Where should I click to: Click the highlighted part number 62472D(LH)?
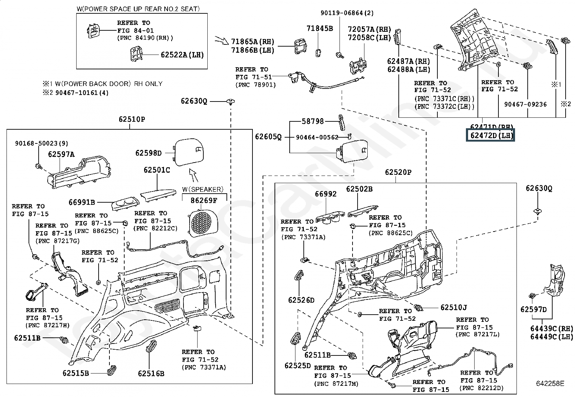[x=490, y=136]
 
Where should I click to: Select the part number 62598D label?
[x=148, y=153]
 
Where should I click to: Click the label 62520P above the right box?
[x=398, y=172]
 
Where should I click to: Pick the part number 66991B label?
[x=82, y=202]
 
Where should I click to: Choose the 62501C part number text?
[x=157, y=170]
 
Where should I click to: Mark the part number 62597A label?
[x=61, y=155]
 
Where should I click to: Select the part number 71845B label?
[x=320, y=29]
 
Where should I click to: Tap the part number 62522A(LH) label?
[x=182, y=55]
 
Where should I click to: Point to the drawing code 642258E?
[x=549, y=384]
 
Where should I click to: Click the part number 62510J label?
[x=454, y=307]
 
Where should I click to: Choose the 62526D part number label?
[x=301, y=300]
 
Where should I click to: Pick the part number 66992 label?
[x=325, y=194]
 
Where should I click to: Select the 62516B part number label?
[x=151, y=374]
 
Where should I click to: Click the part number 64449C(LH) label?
[x=552, y=337]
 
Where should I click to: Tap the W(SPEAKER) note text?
[x=203, y=189]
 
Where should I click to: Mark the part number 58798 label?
[x=313, y=122]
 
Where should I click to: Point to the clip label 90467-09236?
[x=525, y=104]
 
